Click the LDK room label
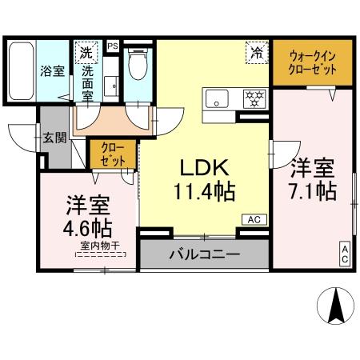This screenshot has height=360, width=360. [204, 169]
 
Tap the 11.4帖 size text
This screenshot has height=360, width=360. [204, 192]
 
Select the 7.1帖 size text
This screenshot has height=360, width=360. [312, 192]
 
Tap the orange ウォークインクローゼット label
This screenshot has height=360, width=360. [312, 62]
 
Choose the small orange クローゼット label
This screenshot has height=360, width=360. [113, 154]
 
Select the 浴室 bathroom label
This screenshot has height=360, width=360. [52, 70]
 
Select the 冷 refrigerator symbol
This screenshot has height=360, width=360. [257, 54]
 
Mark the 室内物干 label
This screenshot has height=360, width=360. [101, 250]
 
